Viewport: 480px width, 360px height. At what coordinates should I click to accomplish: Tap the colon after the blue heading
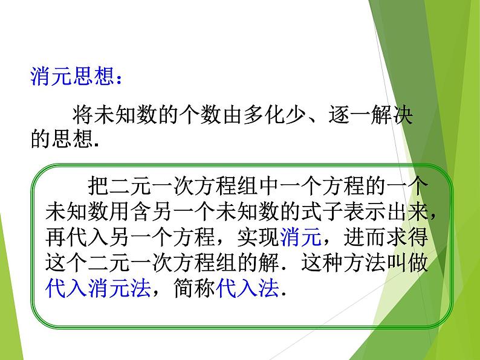pyautogui.click(x=119, y=78)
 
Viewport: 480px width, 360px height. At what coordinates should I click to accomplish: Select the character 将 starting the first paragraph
pyautogui.click(x=83, y=115)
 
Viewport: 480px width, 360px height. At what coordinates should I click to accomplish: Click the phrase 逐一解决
pyautogui.click(x=371, y=115)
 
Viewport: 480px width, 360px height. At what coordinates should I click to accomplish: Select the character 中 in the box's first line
pyautogui.click(x=268, y=185)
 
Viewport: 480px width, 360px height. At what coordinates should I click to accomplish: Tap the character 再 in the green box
pyautogui.click(x=56, y=237)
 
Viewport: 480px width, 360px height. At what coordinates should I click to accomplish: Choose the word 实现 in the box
pyautogui.click(x=258, y=237)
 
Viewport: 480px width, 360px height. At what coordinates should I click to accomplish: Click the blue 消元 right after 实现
pyautogui.click(x=300, y=237)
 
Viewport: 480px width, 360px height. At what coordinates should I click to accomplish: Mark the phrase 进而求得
pyautogui.click(x=386, y=237)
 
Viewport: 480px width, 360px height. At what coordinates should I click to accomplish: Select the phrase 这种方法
pyautogui.click(x=343, y=262)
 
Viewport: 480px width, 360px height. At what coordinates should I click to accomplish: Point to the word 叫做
pyautogui.click(x=407, y=262)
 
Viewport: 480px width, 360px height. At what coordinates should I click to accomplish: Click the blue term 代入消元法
pyautogui.click(x=98, y=288)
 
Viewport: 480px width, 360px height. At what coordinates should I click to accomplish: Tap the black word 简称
pyautogui.click(x=194, y=288)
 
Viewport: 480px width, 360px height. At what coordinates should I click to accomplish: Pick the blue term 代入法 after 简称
pyautogui.click(x=247, y=288)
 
